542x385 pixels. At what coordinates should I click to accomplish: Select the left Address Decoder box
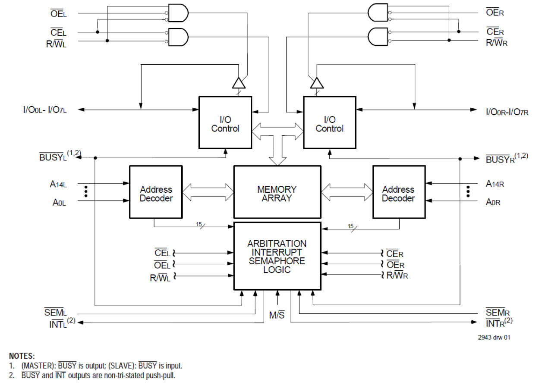(x=156, y=193)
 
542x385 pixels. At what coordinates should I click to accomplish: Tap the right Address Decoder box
(x=398, y=193)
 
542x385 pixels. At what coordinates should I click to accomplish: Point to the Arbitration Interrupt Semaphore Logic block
(x=277, y=256)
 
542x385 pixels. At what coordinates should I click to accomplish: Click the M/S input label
(x=277, y=316)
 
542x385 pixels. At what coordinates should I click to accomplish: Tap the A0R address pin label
(x=493, y=202)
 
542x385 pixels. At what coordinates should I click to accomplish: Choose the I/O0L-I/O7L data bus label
(x=45, y=110)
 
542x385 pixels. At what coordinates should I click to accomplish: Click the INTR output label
(x=496, y=322)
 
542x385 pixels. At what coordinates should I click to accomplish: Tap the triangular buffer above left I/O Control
(x=239, y=82)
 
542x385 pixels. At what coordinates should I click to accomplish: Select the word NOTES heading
(x=22, y=356)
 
